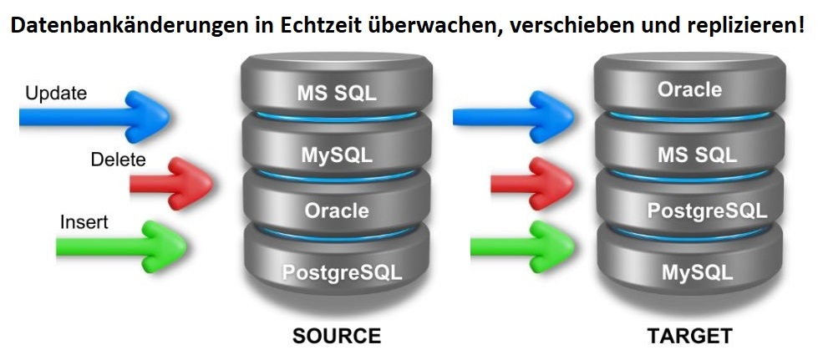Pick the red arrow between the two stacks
[x=531, y=182]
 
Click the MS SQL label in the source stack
[x=337, y=93]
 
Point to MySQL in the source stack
[x=337, y=155]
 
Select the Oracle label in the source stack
[x=336, y=210]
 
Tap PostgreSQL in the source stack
[x=342, y=272]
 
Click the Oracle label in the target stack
[x=689, y=89]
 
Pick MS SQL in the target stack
[x=697, y=155]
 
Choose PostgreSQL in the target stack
[x=707, y=210]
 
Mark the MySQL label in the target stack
[x=697, y=272]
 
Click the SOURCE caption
[x=336, y=337]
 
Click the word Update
[x=56, y=94]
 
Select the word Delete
[x=118, y=160]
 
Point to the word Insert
[x=84, y=223]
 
